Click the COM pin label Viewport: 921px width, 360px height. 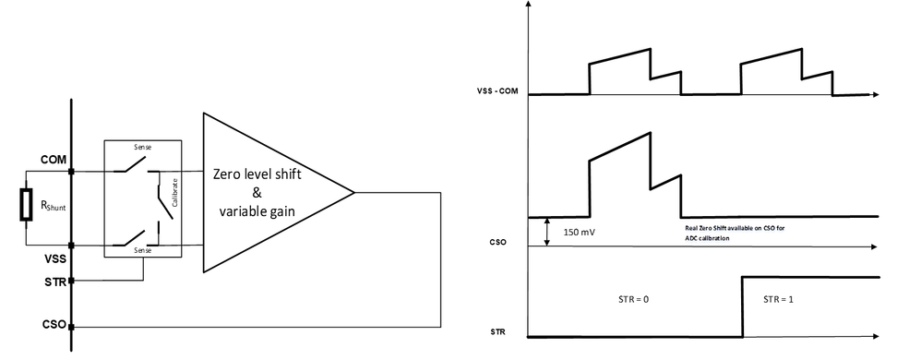click(x=53, y=161)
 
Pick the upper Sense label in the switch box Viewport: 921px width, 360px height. click(x=142, y=148)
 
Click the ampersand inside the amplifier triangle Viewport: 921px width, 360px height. click(x=258, y=193)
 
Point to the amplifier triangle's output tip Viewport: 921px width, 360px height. click(x=354, y=192)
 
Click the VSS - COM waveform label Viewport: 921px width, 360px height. click(x=495, y=90)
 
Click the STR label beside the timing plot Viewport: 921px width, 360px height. click(x=496, y=331)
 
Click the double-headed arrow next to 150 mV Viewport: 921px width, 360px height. click(x=547, y=232)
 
